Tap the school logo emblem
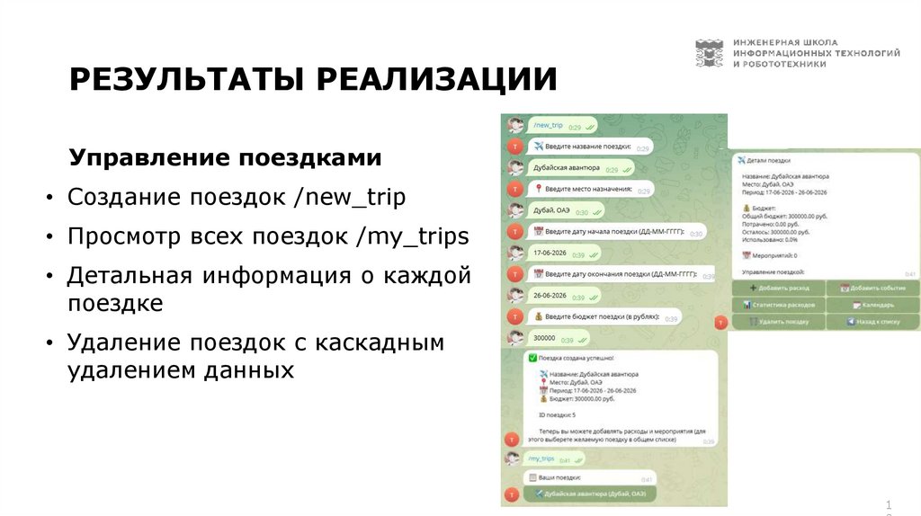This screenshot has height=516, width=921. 709,54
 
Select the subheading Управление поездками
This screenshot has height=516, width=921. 225,158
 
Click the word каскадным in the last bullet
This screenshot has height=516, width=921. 378,343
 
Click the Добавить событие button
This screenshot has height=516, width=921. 872,289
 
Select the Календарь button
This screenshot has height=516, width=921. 872,305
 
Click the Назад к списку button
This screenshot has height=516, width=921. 872,321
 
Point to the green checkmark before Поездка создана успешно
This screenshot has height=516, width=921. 532,358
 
